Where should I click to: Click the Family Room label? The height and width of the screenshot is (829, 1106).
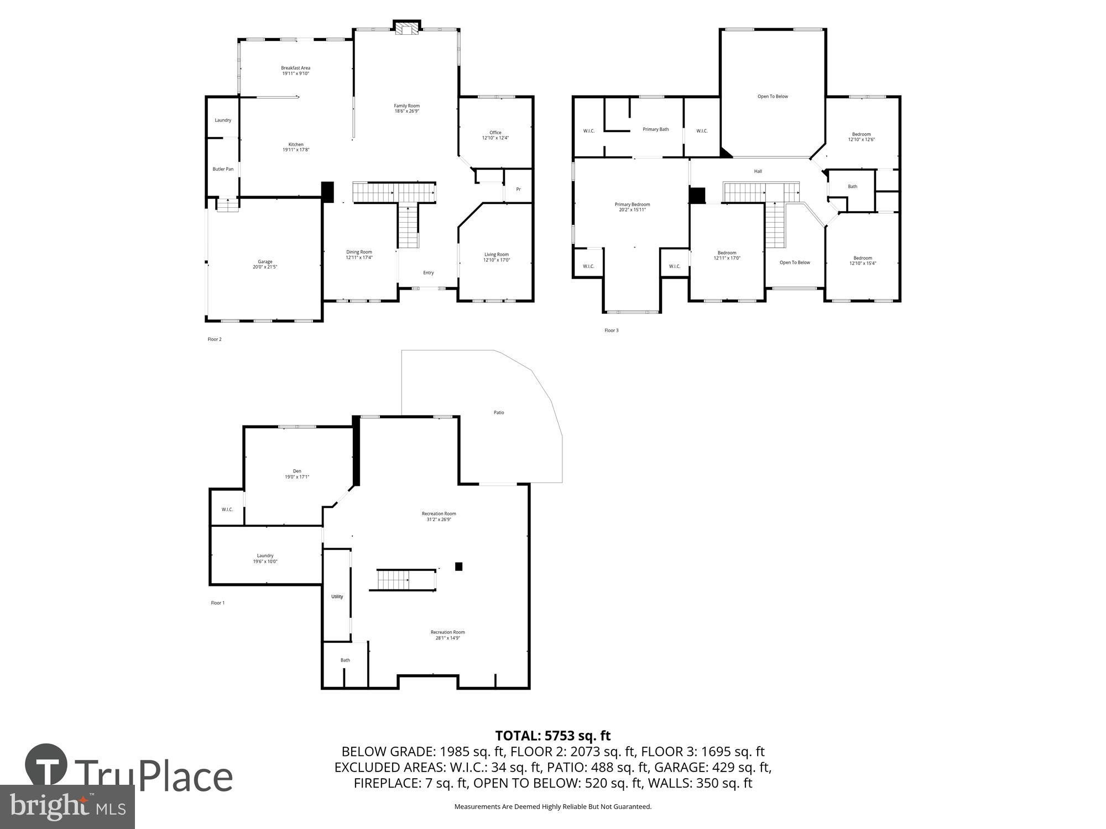(406, 106)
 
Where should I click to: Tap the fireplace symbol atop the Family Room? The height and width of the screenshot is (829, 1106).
(408, 28)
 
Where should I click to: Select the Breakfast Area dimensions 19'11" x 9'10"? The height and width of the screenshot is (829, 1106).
(295, 74)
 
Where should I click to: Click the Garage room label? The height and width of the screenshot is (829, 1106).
(265, 261)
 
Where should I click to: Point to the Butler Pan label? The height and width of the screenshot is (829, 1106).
(223, 169)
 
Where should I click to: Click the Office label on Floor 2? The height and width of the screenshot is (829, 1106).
(495, 133)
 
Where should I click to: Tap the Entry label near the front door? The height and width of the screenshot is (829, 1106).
(429, 272)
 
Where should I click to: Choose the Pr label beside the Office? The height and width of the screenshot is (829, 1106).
(518, 189)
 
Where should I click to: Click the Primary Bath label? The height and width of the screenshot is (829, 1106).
(655, 129)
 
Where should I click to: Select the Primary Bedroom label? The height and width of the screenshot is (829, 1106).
(632, 204)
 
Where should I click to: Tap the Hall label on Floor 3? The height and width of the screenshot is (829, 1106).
(758, 171)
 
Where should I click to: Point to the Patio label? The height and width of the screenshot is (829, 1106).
(499, 412)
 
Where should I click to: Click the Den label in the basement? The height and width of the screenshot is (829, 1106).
(297, 471)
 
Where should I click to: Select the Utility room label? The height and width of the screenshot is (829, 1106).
(337, 596)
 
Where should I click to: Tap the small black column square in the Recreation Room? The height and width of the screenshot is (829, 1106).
(458, 566)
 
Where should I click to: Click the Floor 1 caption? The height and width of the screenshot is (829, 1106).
(217, 603)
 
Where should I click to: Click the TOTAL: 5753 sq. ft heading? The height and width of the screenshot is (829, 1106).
(552, 736)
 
